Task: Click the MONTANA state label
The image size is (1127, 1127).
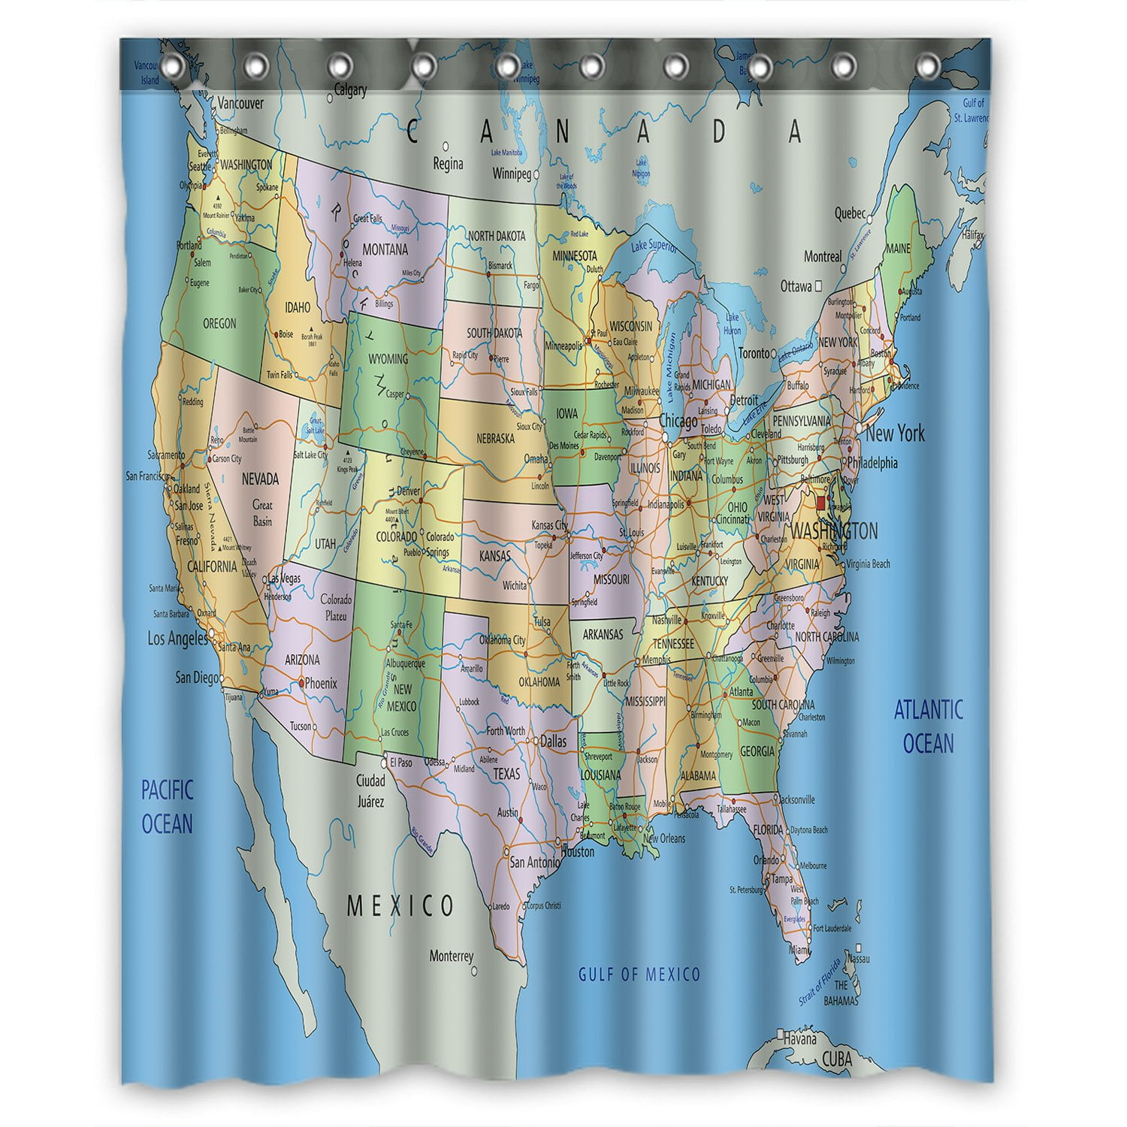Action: (385, 249)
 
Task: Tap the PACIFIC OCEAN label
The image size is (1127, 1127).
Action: (168, 806)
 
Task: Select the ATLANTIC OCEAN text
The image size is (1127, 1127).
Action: (928, 726)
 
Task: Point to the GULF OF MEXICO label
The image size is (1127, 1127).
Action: (639, 974)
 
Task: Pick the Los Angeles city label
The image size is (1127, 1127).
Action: (177, 639)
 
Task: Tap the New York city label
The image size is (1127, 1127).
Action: (895, 434)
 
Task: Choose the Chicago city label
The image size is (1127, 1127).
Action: (678, 422)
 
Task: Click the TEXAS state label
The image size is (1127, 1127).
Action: (506, 774)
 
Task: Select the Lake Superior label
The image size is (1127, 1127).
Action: (654, 246)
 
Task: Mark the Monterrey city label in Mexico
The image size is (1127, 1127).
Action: (452, 956)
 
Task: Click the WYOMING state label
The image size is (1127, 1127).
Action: (388, 358)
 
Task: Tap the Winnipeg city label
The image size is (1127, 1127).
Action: (512, 174)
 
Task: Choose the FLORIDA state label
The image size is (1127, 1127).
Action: (768, 830)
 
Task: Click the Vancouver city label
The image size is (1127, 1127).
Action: (240, 104)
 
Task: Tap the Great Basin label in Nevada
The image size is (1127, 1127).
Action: (262, 513)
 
